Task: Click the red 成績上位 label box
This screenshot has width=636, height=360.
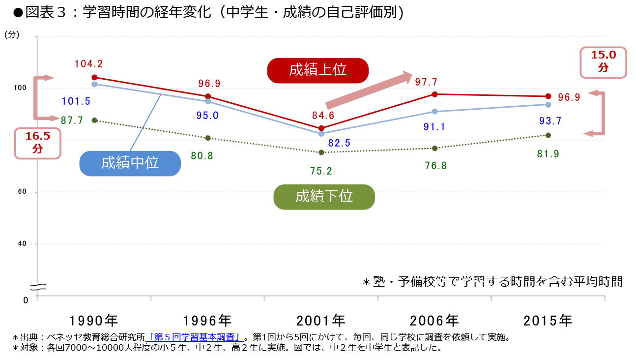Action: tap(318, 70)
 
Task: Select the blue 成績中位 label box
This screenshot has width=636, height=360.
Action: tap(130, 163)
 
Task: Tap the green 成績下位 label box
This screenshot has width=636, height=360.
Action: tap(324, 197)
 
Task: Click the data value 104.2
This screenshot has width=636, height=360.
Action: tap(88, 64)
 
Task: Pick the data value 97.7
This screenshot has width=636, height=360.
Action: tap(426, 82)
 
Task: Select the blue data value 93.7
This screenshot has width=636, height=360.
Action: tap(550, 121)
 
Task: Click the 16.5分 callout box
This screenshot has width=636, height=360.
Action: tap(38, 143)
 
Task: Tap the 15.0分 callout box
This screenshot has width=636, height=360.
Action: tap(603, 62)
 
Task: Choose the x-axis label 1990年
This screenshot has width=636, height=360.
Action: tap(94, 321)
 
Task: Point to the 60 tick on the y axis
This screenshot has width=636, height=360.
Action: tap(22, 192)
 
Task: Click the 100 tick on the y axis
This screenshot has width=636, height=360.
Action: tap(20, 88)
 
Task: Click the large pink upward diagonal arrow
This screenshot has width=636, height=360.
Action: tap(369, 89)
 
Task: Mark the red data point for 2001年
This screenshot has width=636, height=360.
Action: tap(321, 128)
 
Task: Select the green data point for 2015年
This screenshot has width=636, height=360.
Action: tap(548, 135)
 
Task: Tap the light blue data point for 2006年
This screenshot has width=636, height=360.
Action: tap(434, 112)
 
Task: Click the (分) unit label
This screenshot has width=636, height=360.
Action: tap(12, 34)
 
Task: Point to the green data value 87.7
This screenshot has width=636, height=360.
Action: tap(72, 120)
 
